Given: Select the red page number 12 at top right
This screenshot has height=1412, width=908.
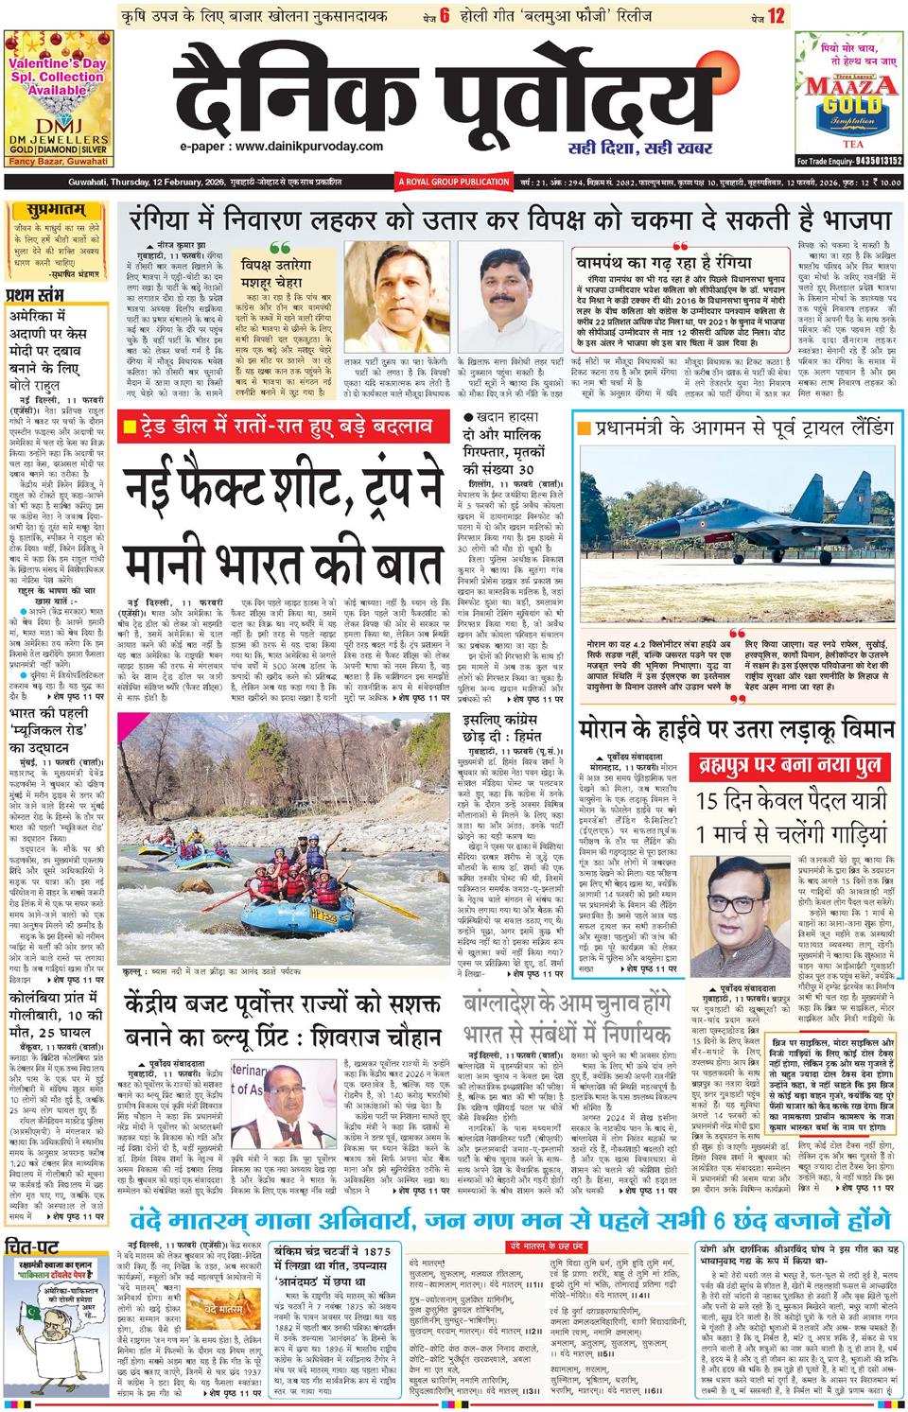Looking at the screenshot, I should click(776, 15).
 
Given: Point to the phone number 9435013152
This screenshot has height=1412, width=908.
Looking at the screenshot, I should click(866, 161).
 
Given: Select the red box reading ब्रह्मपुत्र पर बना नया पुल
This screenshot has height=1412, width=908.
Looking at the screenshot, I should click(786, 764).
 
